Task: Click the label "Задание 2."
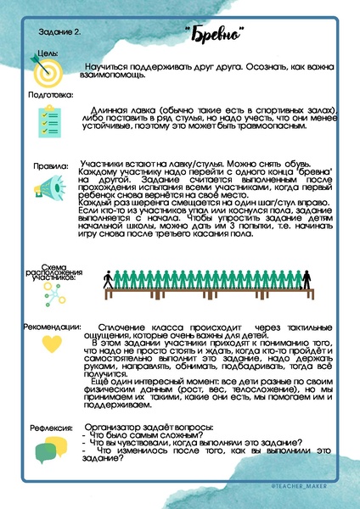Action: point(60,32)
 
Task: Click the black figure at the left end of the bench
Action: point(109,278)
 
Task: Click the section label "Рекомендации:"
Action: point(53,327)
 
